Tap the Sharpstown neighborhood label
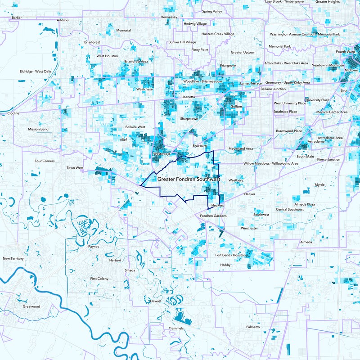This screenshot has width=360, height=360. tap(189, 119)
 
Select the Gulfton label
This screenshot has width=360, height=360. tap(236, 107)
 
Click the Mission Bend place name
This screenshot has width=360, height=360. tap(38, 129)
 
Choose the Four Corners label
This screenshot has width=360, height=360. tap(45, 161)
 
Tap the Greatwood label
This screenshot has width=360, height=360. tap(31, 306)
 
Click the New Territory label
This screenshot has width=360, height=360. tap(13, 259)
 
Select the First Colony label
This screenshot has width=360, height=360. tap(99, 279)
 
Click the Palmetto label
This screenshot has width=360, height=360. tap(253, 327)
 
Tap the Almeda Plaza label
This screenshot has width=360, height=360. tap(305, 204)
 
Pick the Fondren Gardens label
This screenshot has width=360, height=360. tap(213, 216)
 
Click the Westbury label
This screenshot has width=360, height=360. tap(236, 180)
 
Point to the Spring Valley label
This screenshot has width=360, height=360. tap(212, 11)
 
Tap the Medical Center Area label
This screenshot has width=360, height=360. tap(332, 112)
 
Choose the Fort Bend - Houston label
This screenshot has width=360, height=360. tap(231, 255)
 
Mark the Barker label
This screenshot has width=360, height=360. tap(17, 18)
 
